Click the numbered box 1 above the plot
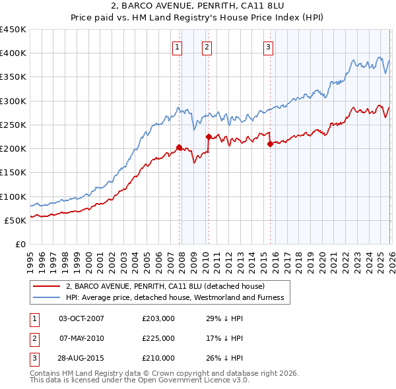[x=178, y=46]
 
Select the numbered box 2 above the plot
[x=207, y=46]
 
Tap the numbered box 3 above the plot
[x=269, y=46]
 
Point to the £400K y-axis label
[x=13, y=53]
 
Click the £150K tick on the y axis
[x=13, y=173]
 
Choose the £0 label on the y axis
[x=20, y=244]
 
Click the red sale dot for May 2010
[x=209, y=137]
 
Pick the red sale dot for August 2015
[x=270, y=144]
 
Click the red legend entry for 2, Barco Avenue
[x=165, y=286]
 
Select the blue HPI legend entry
[x=175, y=297]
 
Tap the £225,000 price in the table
[x=158, y=338]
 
